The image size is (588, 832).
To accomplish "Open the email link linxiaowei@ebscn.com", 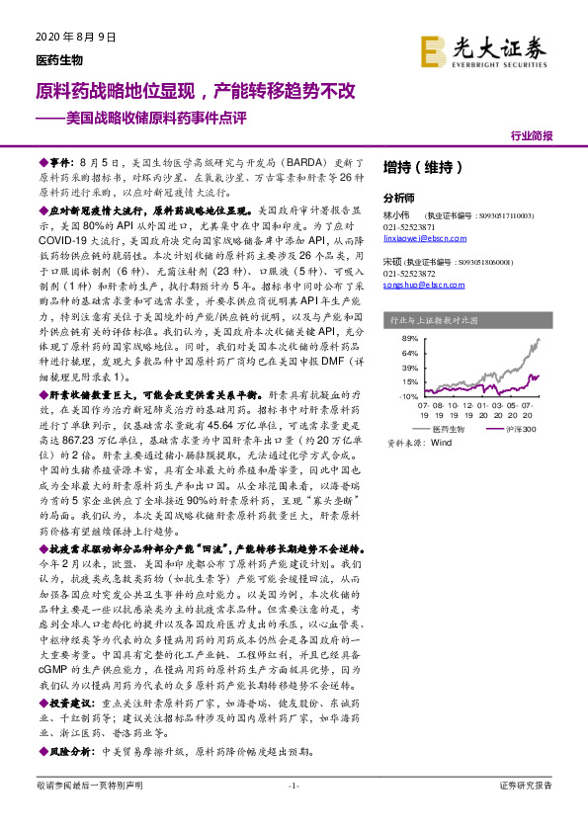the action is point(424,237).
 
